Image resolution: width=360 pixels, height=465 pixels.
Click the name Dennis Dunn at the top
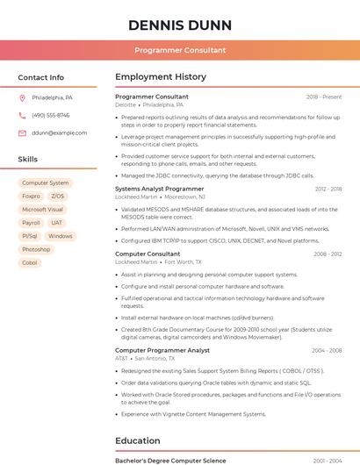180,25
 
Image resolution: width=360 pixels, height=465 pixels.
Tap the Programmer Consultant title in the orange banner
180,50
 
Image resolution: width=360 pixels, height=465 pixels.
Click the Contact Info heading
40,77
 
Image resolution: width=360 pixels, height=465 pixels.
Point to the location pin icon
22,97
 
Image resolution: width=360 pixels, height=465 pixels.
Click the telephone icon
22,115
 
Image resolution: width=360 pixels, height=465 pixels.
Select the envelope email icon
22,132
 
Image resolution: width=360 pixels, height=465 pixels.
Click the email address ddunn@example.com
60,132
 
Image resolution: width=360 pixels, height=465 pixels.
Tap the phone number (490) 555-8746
50,115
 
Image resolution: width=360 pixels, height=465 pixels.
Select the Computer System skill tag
45,183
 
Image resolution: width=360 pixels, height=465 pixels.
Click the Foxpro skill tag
31,197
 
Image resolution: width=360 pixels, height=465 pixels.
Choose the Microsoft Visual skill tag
42,210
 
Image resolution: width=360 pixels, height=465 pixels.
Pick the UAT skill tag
57,223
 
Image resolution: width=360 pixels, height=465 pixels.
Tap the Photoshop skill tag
36,249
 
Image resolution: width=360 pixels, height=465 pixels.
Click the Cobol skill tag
30,262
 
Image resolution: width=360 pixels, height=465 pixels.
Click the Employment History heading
161,77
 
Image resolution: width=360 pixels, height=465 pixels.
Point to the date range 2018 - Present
324,97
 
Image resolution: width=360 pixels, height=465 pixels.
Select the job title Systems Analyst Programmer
159,189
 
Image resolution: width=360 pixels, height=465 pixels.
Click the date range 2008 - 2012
328,254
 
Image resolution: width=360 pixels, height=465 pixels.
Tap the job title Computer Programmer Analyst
162,350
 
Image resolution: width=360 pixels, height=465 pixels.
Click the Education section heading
138,440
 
